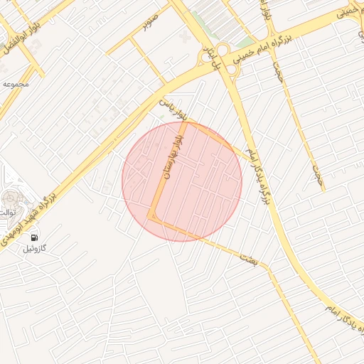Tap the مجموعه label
click(16, 84)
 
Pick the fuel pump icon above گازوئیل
click(33, 235)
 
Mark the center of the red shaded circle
click(182, 181)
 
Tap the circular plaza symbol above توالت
click(10, 198)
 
